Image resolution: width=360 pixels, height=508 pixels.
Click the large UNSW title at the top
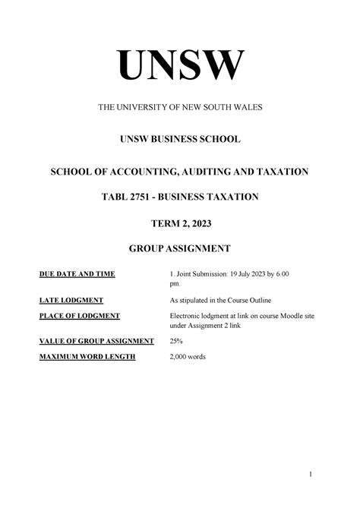coord(180,66)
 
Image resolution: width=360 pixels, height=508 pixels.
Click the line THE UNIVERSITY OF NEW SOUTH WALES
coord(180,109)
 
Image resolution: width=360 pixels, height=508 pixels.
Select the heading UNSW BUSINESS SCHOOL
coord(180,140)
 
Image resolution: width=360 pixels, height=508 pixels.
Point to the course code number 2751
coord(148,197)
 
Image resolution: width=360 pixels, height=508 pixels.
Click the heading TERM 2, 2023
coord(180,222)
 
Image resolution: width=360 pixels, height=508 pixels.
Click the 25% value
coord(175,341)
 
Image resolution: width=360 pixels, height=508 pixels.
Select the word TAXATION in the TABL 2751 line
coord(234,197)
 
